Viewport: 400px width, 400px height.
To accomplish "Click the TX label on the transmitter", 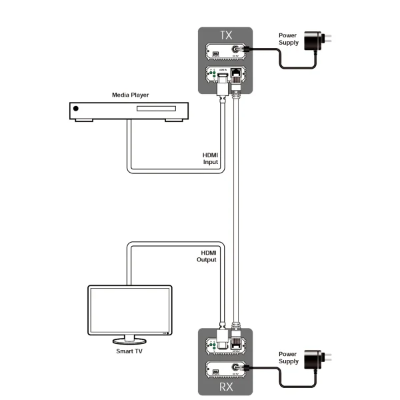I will click(225, 33).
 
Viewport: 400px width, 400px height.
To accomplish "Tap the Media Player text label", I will click(130, 95).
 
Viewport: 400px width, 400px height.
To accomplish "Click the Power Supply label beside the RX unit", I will click(288, 358).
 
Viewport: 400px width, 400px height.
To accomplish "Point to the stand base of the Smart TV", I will click(130, 340).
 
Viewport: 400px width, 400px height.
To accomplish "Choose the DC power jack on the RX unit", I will click(235, 368).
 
